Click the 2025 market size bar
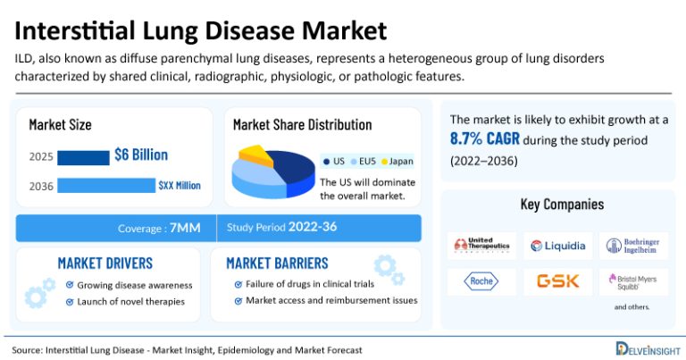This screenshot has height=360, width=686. coord(83,157)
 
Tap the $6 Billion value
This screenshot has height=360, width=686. coord(141,155)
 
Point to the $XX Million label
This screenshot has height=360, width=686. coord(179,186)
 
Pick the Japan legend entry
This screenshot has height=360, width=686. coord(397,161)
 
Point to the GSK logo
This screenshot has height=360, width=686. coord(558,280)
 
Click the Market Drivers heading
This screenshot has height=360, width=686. coord(105,263)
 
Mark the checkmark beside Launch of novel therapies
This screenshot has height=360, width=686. coord(70,301)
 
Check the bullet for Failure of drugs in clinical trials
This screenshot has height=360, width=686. coord(238,284)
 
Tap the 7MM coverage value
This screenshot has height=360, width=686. coord(185,228)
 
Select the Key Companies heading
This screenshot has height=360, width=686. coord(562,205)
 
